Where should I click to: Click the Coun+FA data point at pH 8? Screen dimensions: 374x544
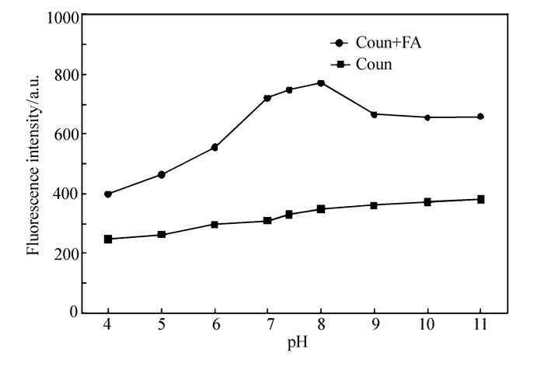pyautogui.click(x=320, y=82)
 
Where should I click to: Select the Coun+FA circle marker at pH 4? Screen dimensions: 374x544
pyautogui.click(x=107, y=194)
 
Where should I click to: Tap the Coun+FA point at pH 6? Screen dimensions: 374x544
pyautogui.click(x=214, y=147)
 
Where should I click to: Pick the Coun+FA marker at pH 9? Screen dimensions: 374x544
pyautogui.click(x=374, y=114)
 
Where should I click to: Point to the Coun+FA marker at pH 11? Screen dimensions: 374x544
pyautogui.click(x=480, y=117)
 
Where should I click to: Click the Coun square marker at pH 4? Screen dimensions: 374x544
pyautogui.click(x=107, y=239)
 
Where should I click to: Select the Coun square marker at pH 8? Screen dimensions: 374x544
pyautogui.click(x=320, y=208)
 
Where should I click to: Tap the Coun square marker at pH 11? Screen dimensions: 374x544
pyautogui.click(x=480, y=199)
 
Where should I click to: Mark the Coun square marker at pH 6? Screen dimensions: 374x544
pyautogui.click(x=214, y=224)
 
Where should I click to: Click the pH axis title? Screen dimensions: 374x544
pyautogui.click(x=293, y=344)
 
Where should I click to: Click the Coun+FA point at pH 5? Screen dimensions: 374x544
pyautogui.click(x=161, y=174)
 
